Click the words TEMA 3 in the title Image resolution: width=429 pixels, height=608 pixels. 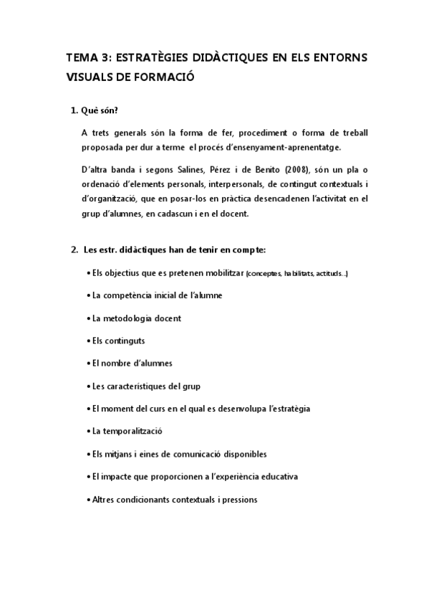coord(84,58)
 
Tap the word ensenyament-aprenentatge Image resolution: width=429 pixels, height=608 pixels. coord(281,148)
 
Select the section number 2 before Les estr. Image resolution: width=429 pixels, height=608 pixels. coord(74,250)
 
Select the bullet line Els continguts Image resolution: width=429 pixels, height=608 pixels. coord(119,341)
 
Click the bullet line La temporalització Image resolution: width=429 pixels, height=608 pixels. coord(127,431)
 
